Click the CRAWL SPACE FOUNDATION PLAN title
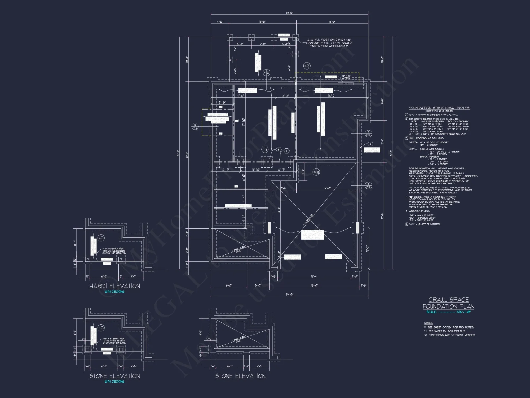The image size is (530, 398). click(448, 303)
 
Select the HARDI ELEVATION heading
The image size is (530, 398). click(114, 286)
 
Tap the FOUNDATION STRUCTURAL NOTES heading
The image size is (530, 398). click(439, 108)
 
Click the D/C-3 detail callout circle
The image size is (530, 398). click(307, 66)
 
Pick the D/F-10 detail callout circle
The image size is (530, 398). click(368, 133)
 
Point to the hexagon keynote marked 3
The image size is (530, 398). click(370, 144)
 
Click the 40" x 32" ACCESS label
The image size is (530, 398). click(346, 77)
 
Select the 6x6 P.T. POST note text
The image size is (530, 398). click(329, 43)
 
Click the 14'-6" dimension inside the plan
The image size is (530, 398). click(240, 96)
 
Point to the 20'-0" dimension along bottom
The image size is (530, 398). click(314, 285)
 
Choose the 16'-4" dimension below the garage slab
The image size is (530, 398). click(314, 276)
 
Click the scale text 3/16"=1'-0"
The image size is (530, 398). click(463, 312)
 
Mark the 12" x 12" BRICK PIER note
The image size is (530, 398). click(114, 251)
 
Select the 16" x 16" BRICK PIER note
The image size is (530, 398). click(114, 341)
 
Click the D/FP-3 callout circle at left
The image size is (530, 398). click(195, 126)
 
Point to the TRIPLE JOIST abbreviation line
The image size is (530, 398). click(421, 220)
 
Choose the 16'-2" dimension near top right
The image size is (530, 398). click(332, 96)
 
